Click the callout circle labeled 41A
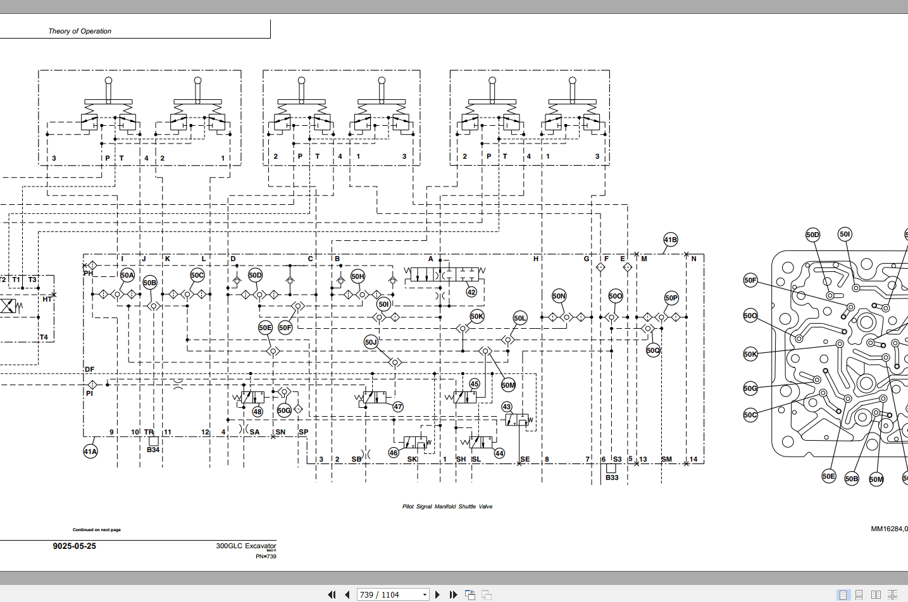pyautogui.click(x=90, y=451)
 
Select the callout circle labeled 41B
pyautogui.click(x=671, y=240)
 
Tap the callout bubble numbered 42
pyautogui.click(x=471, y=292)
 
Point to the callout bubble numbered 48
pyautogui.click(x=258, y=412)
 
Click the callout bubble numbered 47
pyautogui.click(x=398, y=407)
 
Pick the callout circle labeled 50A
pyautogui.click(x=127, y=275)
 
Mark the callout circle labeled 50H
pyautogui.click(x=358, y=276)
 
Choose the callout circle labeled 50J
pyautogui.click(x=371, y=342)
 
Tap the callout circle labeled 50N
pyautogui.click(x=559, y=296)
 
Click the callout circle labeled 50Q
pyautogui.click(x=653, y=350)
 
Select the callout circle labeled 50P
pyautogui.click(x=671, y=298)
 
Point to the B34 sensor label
pyautogui.click(x=153, y=450)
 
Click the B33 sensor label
pyautogui.click(x=612, y=477)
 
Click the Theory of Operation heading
pyautogui.click(x=80, y=31)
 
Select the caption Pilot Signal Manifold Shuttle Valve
pyautogui.click(x=447, y=507)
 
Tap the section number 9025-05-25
pyautogui.click(x=75, y=546)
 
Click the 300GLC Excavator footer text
pyautogui.click(x=246, y=546)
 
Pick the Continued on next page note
pyautogui.click(x=97, y=530)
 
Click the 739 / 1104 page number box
pyautogui.click(x=390, y=595)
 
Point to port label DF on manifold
pyautogui.click(x=90, y=369)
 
